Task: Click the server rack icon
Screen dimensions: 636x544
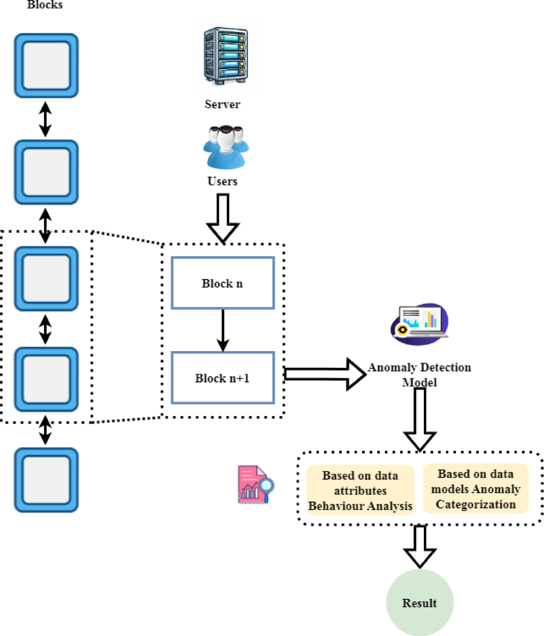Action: coord(226,56)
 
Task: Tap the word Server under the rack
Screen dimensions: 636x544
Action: coord(222,104)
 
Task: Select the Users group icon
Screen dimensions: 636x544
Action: coord(226,147)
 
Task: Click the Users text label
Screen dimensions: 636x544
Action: coord(222,181)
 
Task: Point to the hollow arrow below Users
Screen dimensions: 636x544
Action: coord(223,218)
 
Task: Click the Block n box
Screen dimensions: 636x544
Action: coord(223,283)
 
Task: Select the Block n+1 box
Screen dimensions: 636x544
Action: coord(223,377)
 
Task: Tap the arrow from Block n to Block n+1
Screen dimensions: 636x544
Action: coord(223,330)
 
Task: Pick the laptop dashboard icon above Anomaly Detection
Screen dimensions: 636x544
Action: coord(419,324)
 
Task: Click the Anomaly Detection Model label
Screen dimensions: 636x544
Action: coord(419,374)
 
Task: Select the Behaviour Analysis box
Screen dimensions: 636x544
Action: coord(360,490)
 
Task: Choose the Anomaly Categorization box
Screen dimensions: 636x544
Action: coord(476,489)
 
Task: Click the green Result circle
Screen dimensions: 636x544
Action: coord(420,602)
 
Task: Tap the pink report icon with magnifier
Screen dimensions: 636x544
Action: coord(255,484)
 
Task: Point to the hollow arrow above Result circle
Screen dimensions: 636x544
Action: coord(420,546)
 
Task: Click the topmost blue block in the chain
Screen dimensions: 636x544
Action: coord(46,66)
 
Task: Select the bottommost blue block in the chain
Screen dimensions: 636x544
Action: coord(46,480)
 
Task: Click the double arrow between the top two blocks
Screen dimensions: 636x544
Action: coord(45,119)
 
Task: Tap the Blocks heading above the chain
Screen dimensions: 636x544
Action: coord(45,5)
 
